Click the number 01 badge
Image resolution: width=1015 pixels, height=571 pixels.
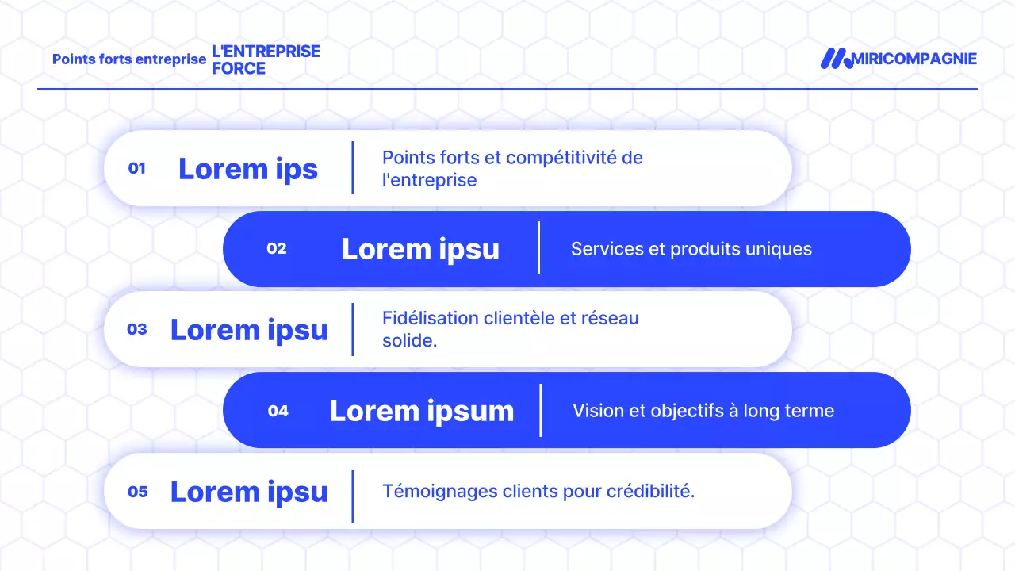point(137,168)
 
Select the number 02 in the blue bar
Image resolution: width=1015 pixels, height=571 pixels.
point(277,248)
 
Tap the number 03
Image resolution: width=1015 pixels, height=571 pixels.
point(137,329)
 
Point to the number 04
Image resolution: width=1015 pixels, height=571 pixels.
point(278,411)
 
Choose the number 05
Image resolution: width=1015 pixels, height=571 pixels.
point(138,492)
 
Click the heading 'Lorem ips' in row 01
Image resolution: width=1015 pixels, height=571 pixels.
point(248,168)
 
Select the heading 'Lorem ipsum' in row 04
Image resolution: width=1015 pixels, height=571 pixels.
point(422,411)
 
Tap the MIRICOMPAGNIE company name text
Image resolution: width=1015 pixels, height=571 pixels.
point(914,59)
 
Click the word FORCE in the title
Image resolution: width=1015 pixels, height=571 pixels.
point(239,69)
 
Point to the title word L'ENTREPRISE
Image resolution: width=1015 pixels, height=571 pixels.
point(266,51)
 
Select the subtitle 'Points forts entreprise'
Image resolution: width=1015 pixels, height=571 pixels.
point(129,59)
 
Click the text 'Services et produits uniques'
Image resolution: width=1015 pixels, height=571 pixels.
point(691,249)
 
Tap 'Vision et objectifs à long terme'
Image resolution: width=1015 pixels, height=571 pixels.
point(703,411)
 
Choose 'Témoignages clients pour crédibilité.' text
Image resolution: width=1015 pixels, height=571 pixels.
point(538,491)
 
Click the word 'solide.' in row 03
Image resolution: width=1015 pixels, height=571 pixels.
point(410,342)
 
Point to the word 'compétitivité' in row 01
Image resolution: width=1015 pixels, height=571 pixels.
point(561,157)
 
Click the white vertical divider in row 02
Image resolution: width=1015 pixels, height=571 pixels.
point(539,248)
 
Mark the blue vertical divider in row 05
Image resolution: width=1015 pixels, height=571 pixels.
point(352,496)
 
